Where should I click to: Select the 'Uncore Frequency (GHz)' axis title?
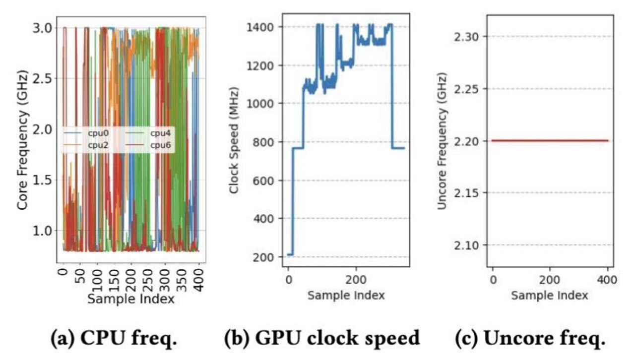click(x=442, y=140)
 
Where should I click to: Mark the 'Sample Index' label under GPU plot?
click(x=346, y=296)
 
